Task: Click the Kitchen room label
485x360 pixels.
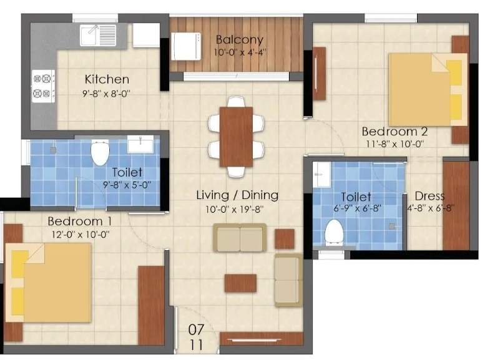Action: tap(107, 79)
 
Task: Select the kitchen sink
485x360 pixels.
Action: tap(97, 34)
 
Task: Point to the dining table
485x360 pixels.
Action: tap(236, 137)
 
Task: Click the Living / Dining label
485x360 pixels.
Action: tap(237, 195)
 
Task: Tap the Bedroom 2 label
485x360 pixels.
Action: tap(394, 132)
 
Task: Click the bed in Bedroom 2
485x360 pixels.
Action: tap(428, 89)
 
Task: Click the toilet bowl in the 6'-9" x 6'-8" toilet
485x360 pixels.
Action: tap(335, 233)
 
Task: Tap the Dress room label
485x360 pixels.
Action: tap(429, 197)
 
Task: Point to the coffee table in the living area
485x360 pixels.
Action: tap(240, 283)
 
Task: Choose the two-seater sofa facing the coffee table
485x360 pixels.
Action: tap(240, 238)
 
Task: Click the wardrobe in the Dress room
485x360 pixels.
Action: tap(456, 205)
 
